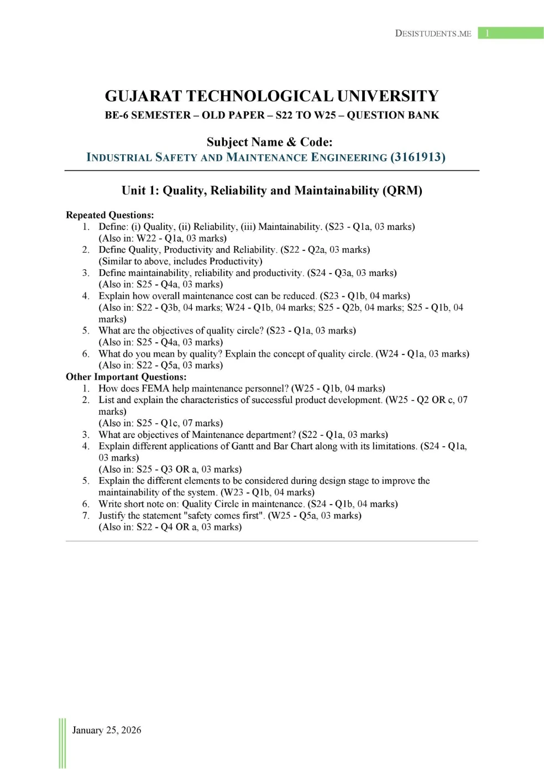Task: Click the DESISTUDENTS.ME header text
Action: [x=433, y=33]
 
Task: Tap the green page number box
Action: [x=510, y=33]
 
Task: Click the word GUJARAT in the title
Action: [x=143, y=96]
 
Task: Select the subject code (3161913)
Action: [x=418, y=157]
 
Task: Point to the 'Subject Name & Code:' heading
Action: [x=270, y=142]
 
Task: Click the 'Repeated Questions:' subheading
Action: [x=109, y=215]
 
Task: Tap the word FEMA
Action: [x=155, y=388]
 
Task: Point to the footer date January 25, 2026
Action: [x=107, y=730]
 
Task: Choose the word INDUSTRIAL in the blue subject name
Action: [x=119, y=158]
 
